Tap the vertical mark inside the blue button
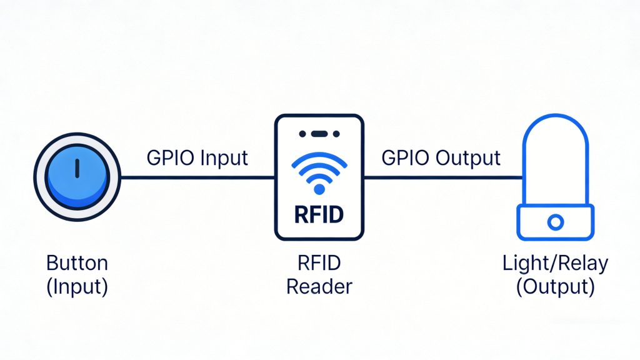(x=76, y=167)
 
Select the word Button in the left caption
(x=77, y=263)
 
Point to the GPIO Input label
(x=197, y=157)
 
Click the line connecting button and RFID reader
(x=197, y=177)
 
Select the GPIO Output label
(x=441, y=157)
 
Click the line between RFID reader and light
(x=442, y=177)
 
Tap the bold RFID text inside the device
(x=319, y=215)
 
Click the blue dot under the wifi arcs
(x=319, y=189)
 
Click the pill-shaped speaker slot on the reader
(x=319, y=134)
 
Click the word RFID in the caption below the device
(x=319, y=263)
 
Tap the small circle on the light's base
(x=555, y=222)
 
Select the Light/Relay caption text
(x=555, y=263)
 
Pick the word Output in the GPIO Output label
(x=468, y=157)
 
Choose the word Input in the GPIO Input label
(x=222, y=157)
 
